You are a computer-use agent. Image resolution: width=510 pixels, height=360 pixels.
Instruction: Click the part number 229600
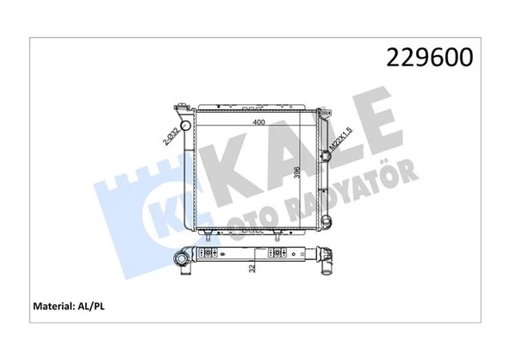point(429,57)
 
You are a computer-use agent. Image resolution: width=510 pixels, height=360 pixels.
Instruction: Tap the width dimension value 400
point(258,122)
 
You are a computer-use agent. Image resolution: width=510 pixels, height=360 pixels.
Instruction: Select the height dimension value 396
point(296,173)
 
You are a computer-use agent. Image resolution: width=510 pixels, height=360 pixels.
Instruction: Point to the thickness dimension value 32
point(252,268)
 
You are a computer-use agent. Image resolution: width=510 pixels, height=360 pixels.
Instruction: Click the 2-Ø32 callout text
point(171,136)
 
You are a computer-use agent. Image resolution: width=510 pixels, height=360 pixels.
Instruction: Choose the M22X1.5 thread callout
point(341,139)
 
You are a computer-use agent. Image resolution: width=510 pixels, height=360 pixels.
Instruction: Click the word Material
point(53,307)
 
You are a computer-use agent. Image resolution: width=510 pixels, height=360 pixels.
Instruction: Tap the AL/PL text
point(91,307)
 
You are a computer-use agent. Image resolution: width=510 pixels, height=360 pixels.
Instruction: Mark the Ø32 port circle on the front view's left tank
point(185,125)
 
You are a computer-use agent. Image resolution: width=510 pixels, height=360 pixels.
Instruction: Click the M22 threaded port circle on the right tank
point(326,156)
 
